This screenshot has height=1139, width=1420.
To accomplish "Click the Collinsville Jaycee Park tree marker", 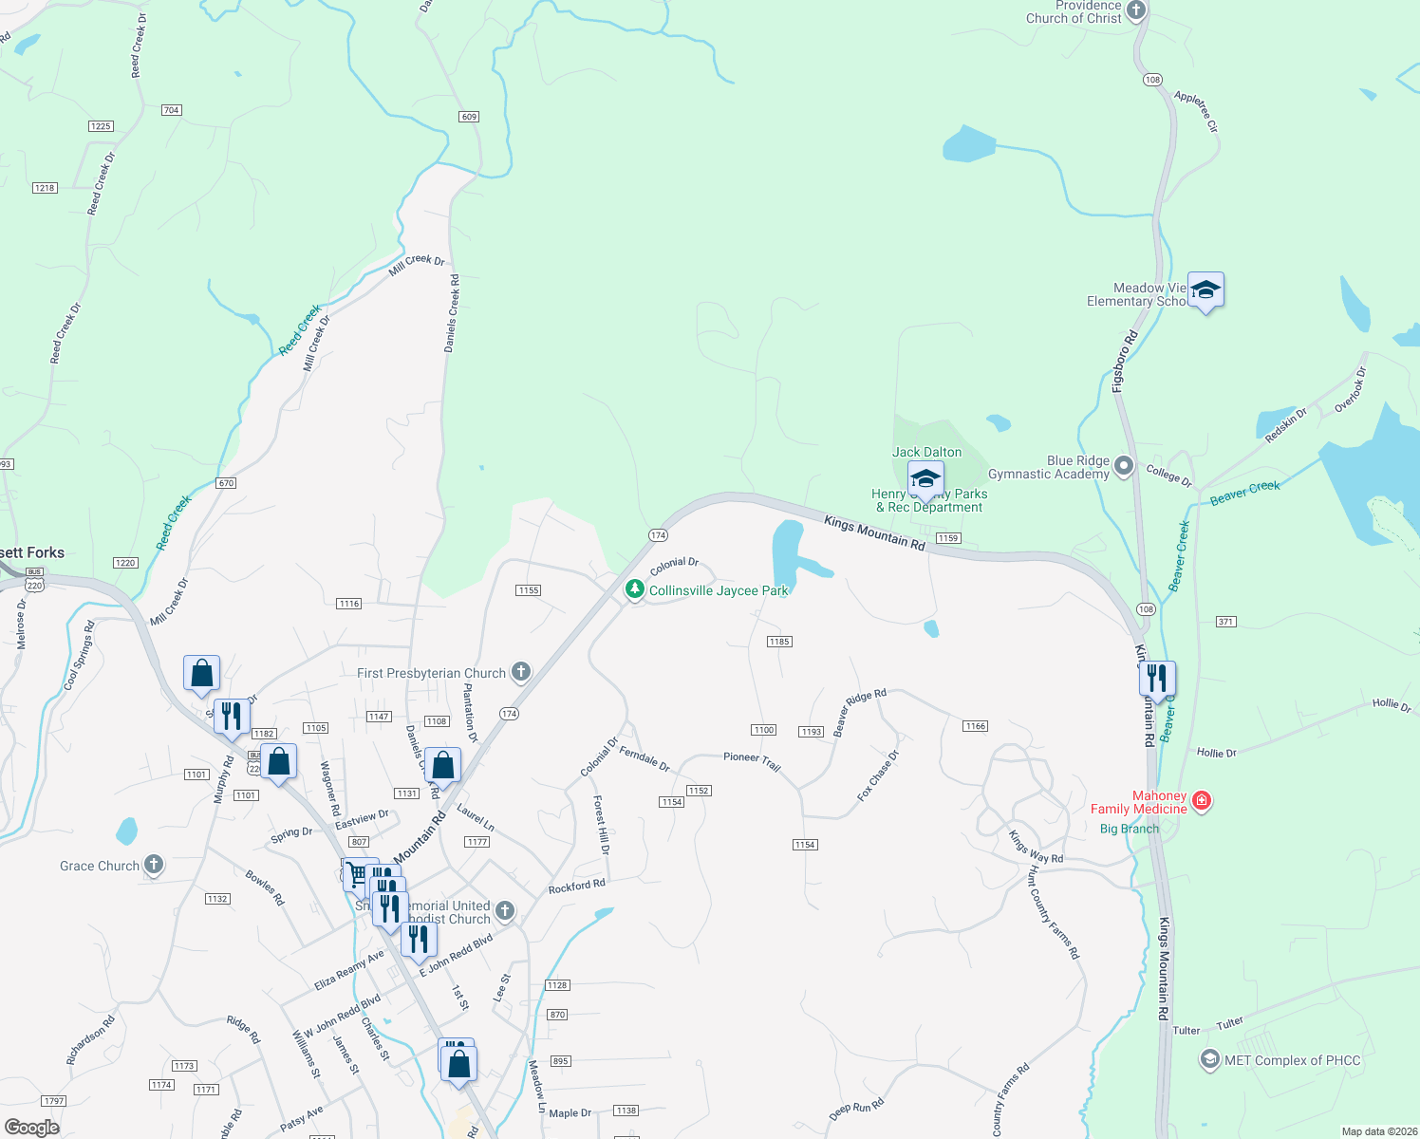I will point(634,590).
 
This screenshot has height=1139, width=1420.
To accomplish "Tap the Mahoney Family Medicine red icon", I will point(1202,801).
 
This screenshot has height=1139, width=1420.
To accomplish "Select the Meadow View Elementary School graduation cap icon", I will point(1205,290).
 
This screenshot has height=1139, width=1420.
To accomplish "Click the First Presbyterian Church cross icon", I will point(520,672).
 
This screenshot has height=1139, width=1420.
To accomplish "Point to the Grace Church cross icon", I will point(154,865).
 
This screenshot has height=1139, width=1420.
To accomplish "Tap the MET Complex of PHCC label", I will point(1292,1060).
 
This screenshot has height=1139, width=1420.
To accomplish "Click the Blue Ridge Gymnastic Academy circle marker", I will point(1124,466).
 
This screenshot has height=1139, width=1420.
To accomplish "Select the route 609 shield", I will point(469,117).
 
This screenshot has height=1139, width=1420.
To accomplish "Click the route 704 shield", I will point(171,110).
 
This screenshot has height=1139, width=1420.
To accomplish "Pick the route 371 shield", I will point(1225,622).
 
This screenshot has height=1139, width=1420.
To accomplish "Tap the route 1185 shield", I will point(779,642).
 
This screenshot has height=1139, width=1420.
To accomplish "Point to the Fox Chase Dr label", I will point(878,775).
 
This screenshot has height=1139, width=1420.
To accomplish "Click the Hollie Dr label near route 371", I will point(1216,753).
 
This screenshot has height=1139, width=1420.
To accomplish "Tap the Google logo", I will point(32,1128).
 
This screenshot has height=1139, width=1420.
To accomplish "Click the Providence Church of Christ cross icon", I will point(1136,10).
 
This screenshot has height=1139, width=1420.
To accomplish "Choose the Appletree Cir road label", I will point(1195,111).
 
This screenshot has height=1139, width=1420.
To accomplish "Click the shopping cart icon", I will point(357,873).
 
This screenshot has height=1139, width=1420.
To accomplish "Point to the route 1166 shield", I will point(975,726).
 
